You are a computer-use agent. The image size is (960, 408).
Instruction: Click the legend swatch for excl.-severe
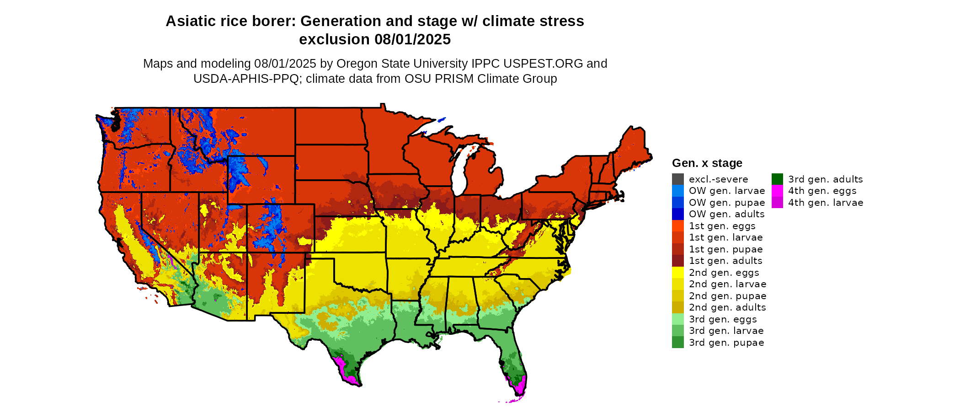point(677,179)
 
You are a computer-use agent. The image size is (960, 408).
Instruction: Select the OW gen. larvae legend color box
point(677,191)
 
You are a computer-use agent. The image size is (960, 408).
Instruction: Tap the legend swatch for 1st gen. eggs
point(677,226)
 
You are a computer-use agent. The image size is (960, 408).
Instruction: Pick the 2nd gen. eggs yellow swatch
point(677,273)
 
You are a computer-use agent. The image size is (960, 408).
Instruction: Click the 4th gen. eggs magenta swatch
point(777,191)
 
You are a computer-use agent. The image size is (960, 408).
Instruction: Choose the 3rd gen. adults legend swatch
point(777,179)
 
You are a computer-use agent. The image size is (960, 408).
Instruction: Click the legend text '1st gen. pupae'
point(725,249)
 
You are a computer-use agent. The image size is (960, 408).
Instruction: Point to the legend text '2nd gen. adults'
point(727,307)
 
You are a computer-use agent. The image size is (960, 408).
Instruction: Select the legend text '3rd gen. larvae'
point(726,331)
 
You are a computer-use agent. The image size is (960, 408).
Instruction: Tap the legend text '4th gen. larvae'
point(826,203)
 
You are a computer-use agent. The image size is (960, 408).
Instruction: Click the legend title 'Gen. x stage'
point(707,163)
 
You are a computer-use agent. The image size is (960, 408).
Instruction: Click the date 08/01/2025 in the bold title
point(412,40)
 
